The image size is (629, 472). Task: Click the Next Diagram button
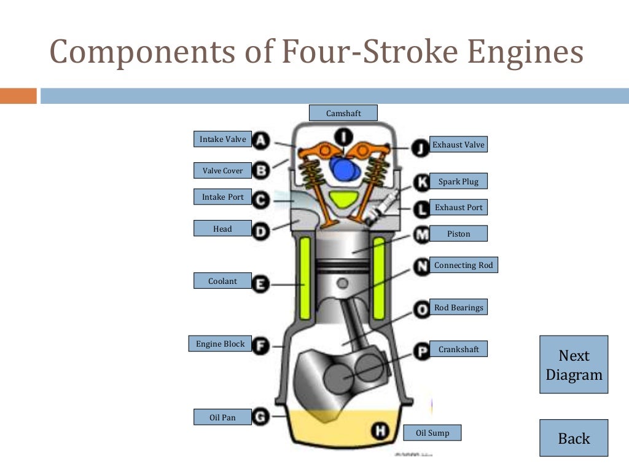(x=574, y=364)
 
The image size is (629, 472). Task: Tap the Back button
(x=574, y=438)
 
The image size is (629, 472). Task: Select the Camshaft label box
(x=343, y=113)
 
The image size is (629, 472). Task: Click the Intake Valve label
(x=222, y=140)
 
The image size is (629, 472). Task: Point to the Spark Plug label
(x=458, y=181)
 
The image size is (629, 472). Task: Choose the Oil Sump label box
(x=432, y=433)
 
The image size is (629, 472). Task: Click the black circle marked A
(x=261, y=141)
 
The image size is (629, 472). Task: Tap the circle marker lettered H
(x=380, y=431)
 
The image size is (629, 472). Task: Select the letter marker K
(x=422, y=182)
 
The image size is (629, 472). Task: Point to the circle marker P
(x=422, y=351)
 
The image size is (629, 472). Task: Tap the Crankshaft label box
(x=458, y=349)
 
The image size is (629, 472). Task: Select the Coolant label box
(x=222, y=281)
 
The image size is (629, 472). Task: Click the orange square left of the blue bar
(x=18, y=96)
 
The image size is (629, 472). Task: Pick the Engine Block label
(x=220, y=344)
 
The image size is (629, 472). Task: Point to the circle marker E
(x=261, y=284)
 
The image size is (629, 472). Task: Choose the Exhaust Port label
(x=458, y=207)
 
